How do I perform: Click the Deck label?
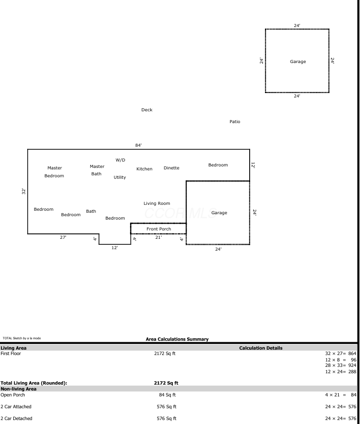[147, 110]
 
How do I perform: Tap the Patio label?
[235, 122]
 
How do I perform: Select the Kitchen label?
[144, 169]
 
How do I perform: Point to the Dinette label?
[171, 168]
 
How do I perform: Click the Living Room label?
[157, 203]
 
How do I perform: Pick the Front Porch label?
[159, 229]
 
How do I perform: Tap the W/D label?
[120, 160]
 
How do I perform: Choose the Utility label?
[120, 177]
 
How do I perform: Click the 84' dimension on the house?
[138, 145]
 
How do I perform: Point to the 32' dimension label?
[24, 191]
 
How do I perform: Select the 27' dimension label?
[63, 237]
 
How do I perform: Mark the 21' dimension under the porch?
[159, 237]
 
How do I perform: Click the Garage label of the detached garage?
[298, 62]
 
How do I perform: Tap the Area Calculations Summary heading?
[177, 339]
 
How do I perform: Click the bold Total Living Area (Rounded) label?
[34, 383]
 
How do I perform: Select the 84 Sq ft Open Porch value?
[167, 395]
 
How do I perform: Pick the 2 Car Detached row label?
[16, 418]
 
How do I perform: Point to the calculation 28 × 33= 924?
[341, 365]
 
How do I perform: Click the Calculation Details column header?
[261, 348]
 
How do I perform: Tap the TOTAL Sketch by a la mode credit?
[22, 338]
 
